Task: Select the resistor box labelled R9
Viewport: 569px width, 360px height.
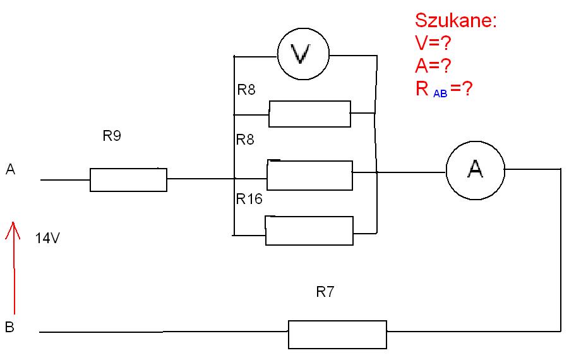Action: coord(128,179)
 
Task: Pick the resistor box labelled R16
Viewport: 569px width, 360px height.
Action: coord(309,231)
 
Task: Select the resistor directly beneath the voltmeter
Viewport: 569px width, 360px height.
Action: coord(309,114)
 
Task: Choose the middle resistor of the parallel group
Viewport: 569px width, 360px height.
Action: coord(309,175)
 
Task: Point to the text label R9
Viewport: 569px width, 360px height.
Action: coord(112,136)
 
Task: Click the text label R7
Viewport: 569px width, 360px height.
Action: coord(325,292)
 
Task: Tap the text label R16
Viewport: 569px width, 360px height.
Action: coord(249,199)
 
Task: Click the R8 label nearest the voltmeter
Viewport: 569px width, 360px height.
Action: coord(246,89)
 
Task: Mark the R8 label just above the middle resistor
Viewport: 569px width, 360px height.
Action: coord(245,140)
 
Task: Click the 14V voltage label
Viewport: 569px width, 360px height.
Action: coord(47,238)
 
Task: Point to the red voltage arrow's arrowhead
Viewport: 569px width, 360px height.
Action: coord(13,222)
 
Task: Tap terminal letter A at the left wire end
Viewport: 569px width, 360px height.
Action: coord(11,169)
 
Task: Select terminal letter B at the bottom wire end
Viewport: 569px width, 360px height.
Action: coord(10,327)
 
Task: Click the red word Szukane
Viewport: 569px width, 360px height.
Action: coord(456,20)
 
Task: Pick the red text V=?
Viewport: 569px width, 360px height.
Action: coord(433,43)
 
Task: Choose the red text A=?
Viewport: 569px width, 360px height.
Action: coord(433,66)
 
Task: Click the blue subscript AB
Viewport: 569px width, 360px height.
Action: coord(440,93)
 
